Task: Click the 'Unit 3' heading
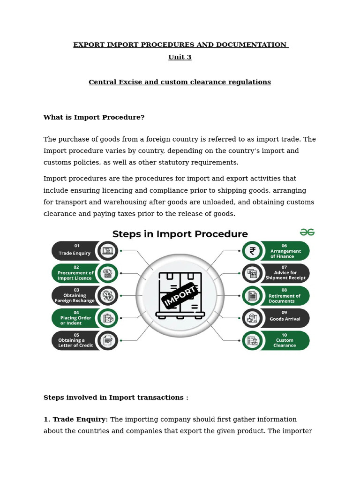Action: [180, 57]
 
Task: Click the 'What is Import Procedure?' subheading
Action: [94, 117]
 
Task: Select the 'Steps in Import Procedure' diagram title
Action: [180, 233]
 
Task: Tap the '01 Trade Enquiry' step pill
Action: [75, 251]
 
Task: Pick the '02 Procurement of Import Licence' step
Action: [75, 273]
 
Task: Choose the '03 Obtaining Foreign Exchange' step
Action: [75, 296]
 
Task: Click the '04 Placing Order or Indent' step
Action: [75, 318]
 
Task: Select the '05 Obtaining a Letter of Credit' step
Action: [75, 341]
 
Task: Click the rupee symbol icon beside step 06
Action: [253, 251]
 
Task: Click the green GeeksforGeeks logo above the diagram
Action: [307, 232]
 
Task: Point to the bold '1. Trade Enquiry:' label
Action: [75, 420]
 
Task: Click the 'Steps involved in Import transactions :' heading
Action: [116, 397]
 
